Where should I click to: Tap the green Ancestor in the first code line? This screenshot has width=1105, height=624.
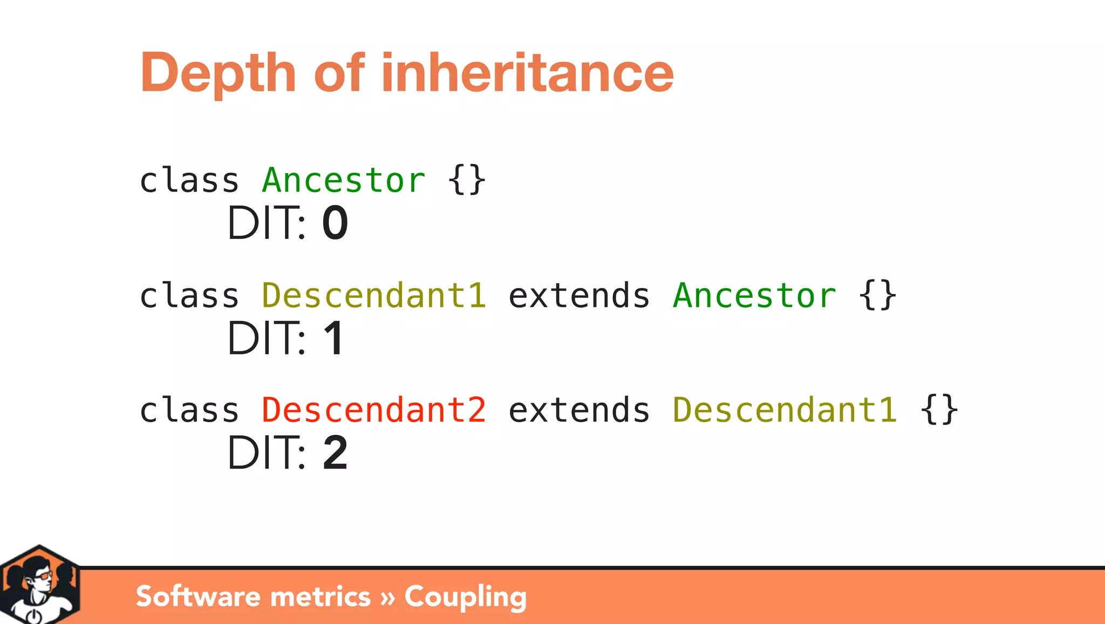tap(344, 180)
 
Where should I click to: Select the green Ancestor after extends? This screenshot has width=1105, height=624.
tap(754, 296)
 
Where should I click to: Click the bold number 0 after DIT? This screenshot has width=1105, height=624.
tap(335, 223)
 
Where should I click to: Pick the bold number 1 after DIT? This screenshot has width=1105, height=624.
tap(334, 339)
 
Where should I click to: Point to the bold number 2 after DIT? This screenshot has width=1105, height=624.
tap(335, 453)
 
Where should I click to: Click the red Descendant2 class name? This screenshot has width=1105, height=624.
tap(374, 410)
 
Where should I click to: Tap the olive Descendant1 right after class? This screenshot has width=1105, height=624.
tap(374, 296)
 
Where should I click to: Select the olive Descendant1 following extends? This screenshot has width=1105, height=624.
tap(785, 410)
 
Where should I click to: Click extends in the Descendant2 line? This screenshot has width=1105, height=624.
tap(579, 410)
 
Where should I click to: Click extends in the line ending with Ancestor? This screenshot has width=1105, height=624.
tap(579, 296)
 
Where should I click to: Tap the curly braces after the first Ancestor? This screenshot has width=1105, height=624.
tap(467, 180)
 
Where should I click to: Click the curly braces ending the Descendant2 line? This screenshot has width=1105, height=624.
tap(939, 410)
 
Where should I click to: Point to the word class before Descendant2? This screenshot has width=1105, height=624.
tap(189, 410)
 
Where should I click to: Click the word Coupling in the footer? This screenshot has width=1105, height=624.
tap(465, 597)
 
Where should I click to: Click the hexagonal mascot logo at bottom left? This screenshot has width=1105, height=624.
tap(39, 586)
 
